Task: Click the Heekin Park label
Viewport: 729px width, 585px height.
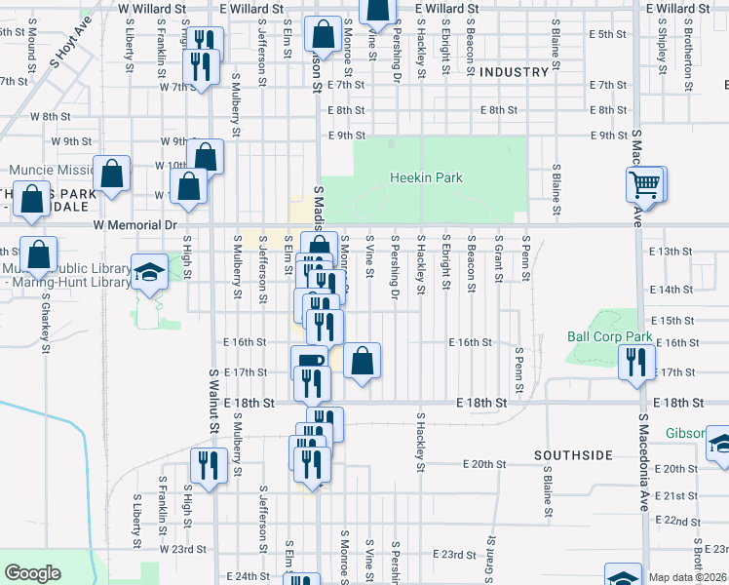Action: [x=426, y=178]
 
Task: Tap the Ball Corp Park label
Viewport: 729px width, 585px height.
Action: [x=609, y=337]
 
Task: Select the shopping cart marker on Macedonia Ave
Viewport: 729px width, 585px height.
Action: [x=646, y=183]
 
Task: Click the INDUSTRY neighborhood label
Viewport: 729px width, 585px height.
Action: [x=515, y=72]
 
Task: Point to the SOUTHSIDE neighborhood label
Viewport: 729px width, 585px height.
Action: [x=572, y=455]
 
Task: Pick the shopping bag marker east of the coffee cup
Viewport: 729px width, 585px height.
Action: [x=362, y=361]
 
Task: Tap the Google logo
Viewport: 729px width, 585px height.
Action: [x=33, y=573]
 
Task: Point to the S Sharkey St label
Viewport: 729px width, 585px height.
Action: [x=45, y=331]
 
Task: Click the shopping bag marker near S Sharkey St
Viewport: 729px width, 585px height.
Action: [x=38, y=255]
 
